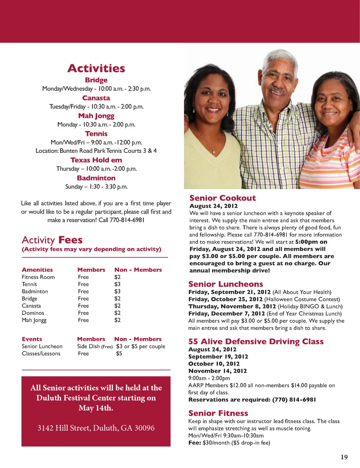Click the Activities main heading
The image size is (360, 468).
pyautogui.click(x=96, y=68)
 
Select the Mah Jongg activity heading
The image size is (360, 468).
pyautogui.click(x=96, y=116)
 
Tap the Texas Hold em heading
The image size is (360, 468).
pyautogui.click(x=96, y=160)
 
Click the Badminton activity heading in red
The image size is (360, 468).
pyautogui.click(x=96, y=178)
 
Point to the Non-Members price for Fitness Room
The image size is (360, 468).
pyautogui.click(x=117, y=277)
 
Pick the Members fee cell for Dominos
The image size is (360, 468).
pyautogui.click(x=83, y=313)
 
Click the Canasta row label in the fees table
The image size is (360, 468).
pyautogui.click(x=31, y=305)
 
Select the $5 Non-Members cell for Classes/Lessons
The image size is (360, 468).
pyautogui.click(x=119, y=354)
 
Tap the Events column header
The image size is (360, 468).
pyautogui.click(x=32, y=339)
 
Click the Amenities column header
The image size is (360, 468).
pyautogui.click(x=37, y=269)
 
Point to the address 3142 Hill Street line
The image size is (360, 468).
pyautogui.click(x=96, y=428)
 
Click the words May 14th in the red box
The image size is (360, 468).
pyautogui.click(x=96, y=408)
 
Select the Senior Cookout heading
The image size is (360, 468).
pyautogui.click(x=222, y=198)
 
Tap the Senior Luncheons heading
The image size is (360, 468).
pyautogui.click(x=226, y=284)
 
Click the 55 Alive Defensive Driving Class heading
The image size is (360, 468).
pyautogui.click(x=256, y=342)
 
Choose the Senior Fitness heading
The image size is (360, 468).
pyautogui.click(x=218, y=413)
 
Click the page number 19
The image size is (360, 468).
pyautogui.click(x=344, y=457)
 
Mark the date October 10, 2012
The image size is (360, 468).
pyautogui.click(x=214, y=364)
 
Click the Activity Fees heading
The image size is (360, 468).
pyautogui.click(x=52, y=240)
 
